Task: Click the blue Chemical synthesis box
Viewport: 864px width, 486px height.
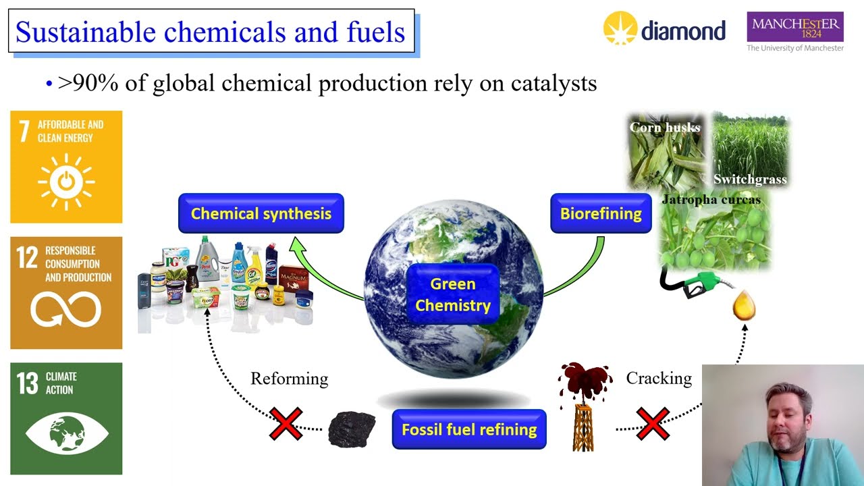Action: coord(261,214)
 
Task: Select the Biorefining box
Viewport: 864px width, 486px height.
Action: coord(601,214)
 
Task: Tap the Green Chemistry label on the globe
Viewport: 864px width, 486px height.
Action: coord(452,295)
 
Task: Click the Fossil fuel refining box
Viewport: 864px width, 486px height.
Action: coord(469,429)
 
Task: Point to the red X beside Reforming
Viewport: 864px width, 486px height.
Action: coord(286,424)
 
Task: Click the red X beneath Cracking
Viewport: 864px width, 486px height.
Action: coord(653,424)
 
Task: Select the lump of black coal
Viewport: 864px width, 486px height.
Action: coord(352,429)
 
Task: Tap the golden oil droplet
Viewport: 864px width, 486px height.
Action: coord(744,306)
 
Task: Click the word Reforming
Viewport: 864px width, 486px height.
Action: coord(289,379)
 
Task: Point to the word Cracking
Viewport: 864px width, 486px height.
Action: coord(658,378)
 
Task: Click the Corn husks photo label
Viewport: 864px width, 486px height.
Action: coord(664,128)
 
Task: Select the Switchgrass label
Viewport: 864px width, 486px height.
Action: coord(750,180)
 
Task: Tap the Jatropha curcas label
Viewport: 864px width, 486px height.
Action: coord(711,200)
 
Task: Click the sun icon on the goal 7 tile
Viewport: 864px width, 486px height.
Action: coord(66,182)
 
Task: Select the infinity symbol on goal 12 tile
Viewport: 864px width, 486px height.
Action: coord(66,310)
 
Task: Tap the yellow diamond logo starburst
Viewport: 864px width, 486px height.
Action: coord(620,29)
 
